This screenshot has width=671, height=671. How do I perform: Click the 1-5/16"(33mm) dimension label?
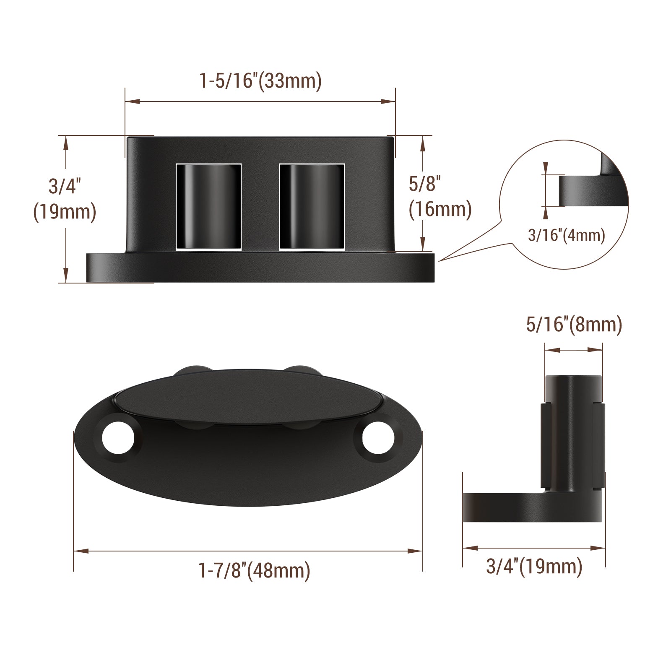(260, 81)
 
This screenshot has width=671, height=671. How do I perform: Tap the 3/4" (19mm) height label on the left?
(65, 199)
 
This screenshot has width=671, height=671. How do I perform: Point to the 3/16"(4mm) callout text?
(566, 235)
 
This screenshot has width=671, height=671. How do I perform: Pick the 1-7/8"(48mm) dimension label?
(254, 570)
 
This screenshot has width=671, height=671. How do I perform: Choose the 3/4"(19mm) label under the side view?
(534, 566)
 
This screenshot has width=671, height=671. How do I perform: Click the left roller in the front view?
(208, 207)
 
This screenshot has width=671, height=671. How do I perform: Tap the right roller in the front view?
(312, 207)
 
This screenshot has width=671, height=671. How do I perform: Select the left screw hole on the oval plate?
(118, 439)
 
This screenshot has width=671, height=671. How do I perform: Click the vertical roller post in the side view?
(573, 432)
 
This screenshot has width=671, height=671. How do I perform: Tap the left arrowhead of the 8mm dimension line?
(550, 349)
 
